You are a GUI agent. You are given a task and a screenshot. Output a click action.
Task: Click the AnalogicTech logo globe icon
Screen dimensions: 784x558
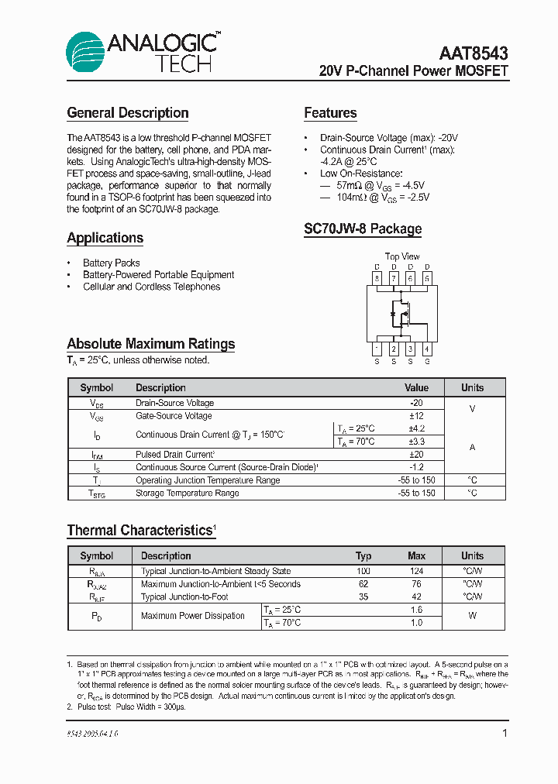click(x=84, y=53)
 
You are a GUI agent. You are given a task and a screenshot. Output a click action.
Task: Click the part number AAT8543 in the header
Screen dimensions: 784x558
click(x=474, y=53)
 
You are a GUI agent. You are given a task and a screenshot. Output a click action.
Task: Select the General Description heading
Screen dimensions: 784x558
click(x=128, y=113)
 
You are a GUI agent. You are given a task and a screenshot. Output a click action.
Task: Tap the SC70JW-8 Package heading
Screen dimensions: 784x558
click(x=363, y=229)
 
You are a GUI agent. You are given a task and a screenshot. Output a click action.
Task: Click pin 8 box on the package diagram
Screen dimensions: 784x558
click(x=377, y=278)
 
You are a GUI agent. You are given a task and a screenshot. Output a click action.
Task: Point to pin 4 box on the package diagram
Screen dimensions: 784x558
click(x=427, y=349)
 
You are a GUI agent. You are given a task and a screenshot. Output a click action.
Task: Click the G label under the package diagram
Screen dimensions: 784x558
click(x=427, y=362)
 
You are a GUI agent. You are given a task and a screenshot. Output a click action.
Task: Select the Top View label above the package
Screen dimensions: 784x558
click(x=402, y=256)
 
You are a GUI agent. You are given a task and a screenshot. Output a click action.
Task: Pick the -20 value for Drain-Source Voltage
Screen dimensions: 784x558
click(x=416, y=403)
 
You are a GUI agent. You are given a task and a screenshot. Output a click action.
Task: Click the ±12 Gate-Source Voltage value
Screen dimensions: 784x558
click(x=416, y=416)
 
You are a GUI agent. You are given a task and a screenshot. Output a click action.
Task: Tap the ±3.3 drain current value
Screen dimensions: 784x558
click(x=416, y=442)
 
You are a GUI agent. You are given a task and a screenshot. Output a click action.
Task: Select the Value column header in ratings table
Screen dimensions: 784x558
click(x=416, y=387)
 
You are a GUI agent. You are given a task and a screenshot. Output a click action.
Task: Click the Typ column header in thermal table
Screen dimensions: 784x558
click(x=363, y=555)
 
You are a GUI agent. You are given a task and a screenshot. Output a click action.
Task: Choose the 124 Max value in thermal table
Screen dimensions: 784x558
click(x=416, y=571)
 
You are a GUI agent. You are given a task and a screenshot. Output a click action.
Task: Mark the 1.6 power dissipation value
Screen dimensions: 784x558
click(x=416, y=610)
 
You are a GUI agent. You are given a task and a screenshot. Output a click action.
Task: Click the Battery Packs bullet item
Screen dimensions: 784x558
click(x=112, y=263)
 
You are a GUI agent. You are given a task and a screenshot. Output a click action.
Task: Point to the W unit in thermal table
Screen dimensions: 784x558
click(x=472, y=616)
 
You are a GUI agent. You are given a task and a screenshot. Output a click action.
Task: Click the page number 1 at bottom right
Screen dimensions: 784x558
click(x=505, y=733)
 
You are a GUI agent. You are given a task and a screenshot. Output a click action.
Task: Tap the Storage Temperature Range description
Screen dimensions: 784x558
click(x=188, y=493)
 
